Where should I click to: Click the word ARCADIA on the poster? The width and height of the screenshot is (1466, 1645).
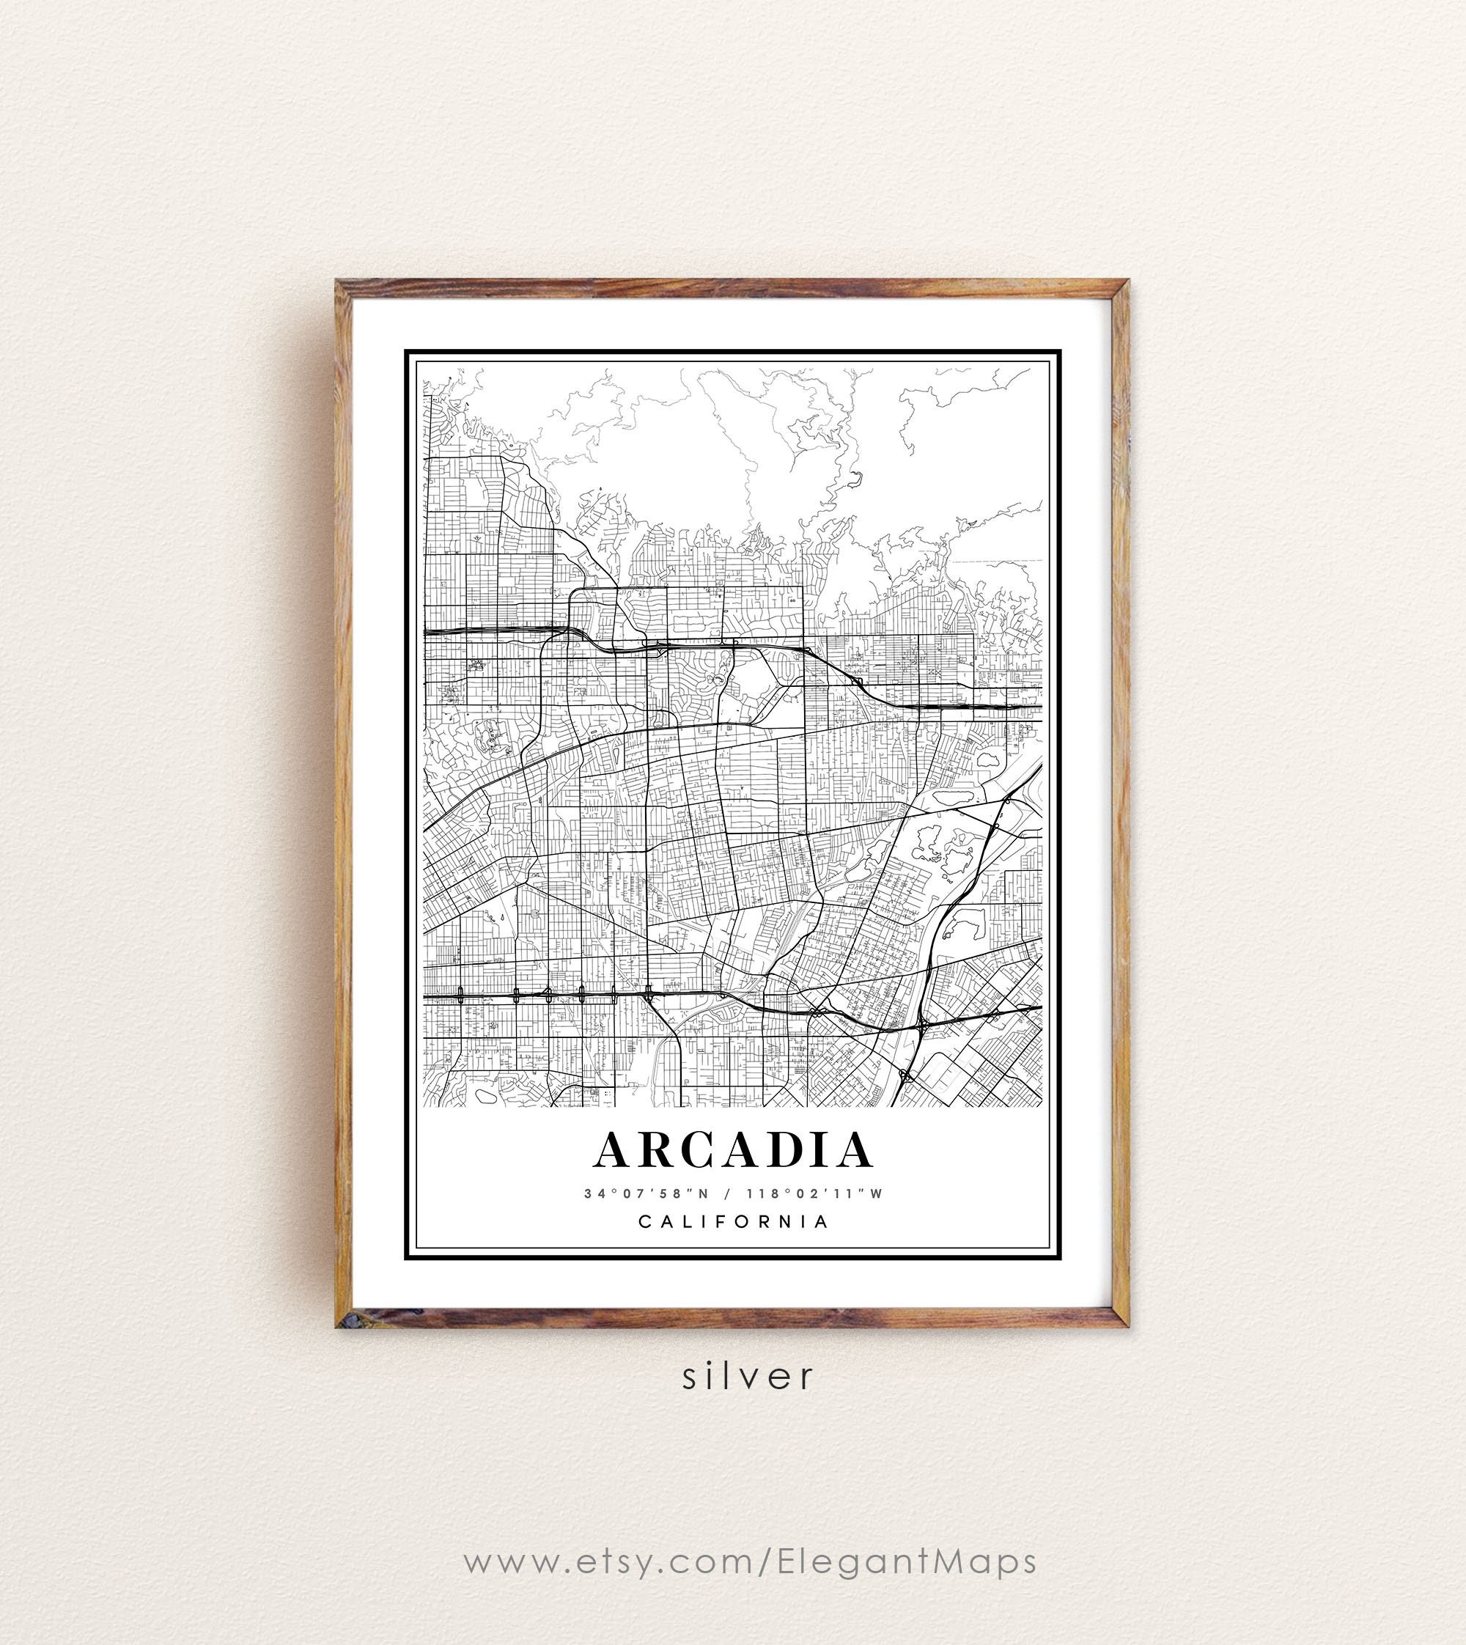pyautogui.click(x=733, y=1150)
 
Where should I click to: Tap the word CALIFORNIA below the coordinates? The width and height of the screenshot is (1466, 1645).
pyautogui.click(x=734, y=1221)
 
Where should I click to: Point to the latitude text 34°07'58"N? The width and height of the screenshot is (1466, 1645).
pyautogui.click(x=646, y=1194)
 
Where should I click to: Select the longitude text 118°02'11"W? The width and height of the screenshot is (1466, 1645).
pyautogui.click(x=814, y=1194)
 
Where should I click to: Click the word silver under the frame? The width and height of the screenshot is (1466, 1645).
pyautogui.click(x=748, y=1376)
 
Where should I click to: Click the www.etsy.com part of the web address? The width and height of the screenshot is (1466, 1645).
pyautogui.click(x=608, y=1561)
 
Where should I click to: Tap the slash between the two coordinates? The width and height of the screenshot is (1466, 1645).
pyautogui.click(x=727, y=1194)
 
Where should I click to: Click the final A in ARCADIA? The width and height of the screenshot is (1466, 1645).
pyautogui.click(x=852, y=1150)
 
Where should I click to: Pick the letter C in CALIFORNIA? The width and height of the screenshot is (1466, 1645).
pyautogui.click(x=644, y=1221)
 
